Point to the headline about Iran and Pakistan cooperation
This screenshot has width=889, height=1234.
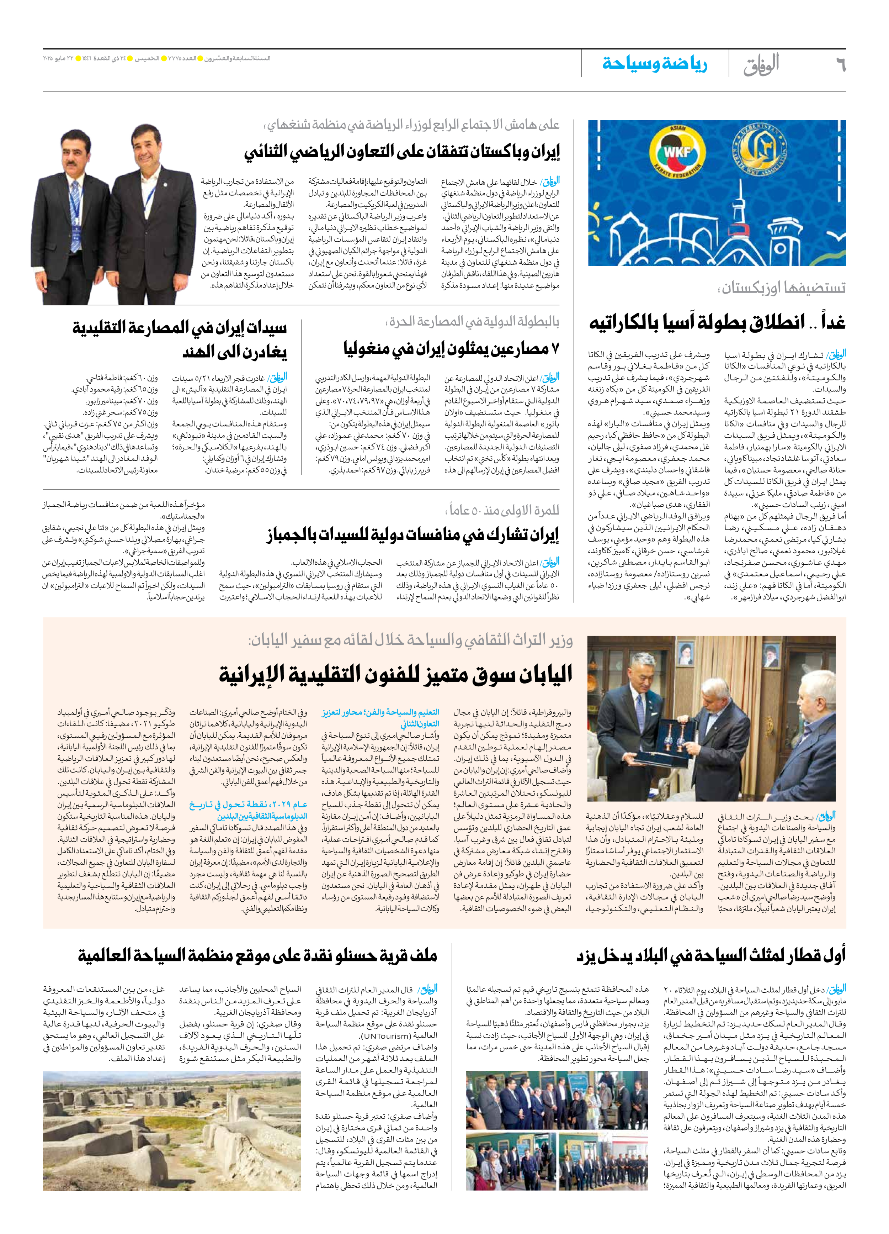[402, 152]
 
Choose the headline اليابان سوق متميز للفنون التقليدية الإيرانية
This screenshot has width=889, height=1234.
[395, 675]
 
